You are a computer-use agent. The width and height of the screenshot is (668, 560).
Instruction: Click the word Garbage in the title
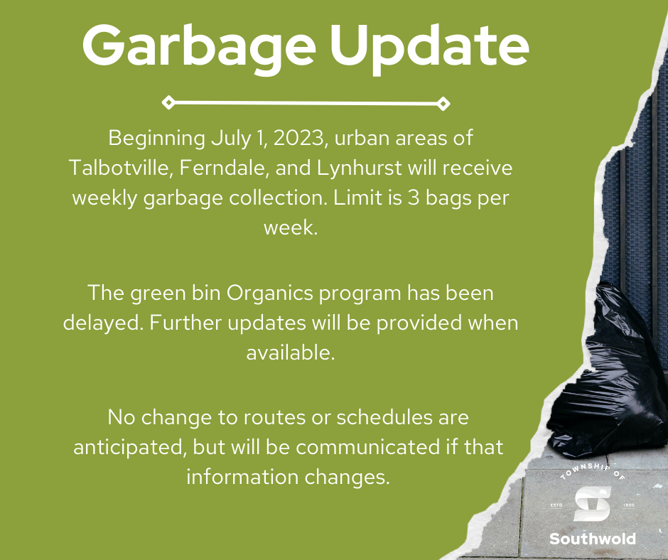(x=199, y=48)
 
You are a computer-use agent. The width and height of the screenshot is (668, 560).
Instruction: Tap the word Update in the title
(x=429, y=48)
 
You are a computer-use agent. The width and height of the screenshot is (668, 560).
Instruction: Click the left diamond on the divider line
(x=168, y=103)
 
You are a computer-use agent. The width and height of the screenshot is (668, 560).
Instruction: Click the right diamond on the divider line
(x=443, y=104)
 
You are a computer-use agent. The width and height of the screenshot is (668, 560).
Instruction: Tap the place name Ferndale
(x=224, y=168)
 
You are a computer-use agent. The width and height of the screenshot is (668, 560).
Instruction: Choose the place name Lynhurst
(x=359, y=168)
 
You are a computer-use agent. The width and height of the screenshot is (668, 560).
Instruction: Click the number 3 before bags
(x=414, y=198)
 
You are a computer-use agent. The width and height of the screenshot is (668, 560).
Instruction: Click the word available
(x=291, y=352)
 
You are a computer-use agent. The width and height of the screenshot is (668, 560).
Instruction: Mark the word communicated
(x=367, y=446)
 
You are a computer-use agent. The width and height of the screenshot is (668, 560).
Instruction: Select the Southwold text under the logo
(x=593, y=539)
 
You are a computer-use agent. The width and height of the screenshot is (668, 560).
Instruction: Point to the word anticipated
(x=131, y=448)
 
